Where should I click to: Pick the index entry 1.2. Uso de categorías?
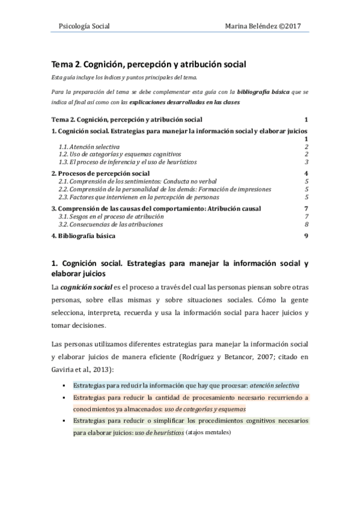[112, 154]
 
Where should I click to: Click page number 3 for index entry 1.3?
[307, 162]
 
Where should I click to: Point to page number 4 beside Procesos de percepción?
[307, 173]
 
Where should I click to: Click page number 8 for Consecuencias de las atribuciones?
[307, 224]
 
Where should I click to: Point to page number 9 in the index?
[307, 236]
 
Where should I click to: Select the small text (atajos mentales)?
[209, 432]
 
